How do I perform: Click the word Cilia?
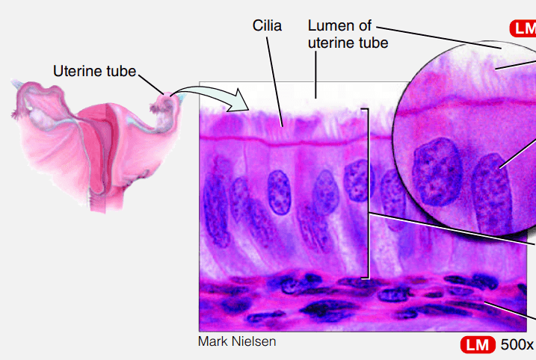[x=267, y=26]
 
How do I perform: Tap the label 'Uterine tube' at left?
[x=95, y=71]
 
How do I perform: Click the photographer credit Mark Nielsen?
[x=237, y=341]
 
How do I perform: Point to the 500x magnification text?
[x=517, y=344]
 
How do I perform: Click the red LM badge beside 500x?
[x=478, y=344]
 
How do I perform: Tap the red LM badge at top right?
[x=523, y=28]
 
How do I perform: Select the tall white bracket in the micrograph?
[x=367, y=193]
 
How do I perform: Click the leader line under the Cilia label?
[x=274, y=82]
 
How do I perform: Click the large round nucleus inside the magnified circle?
[x=437, y=172]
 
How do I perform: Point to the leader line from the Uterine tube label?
[x=151, y=84]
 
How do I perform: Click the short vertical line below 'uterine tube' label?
[x=315, y=75]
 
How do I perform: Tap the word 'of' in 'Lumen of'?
[x=365, y=25]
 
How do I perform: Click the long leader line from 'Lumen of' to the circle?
[x=440, y=37]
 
